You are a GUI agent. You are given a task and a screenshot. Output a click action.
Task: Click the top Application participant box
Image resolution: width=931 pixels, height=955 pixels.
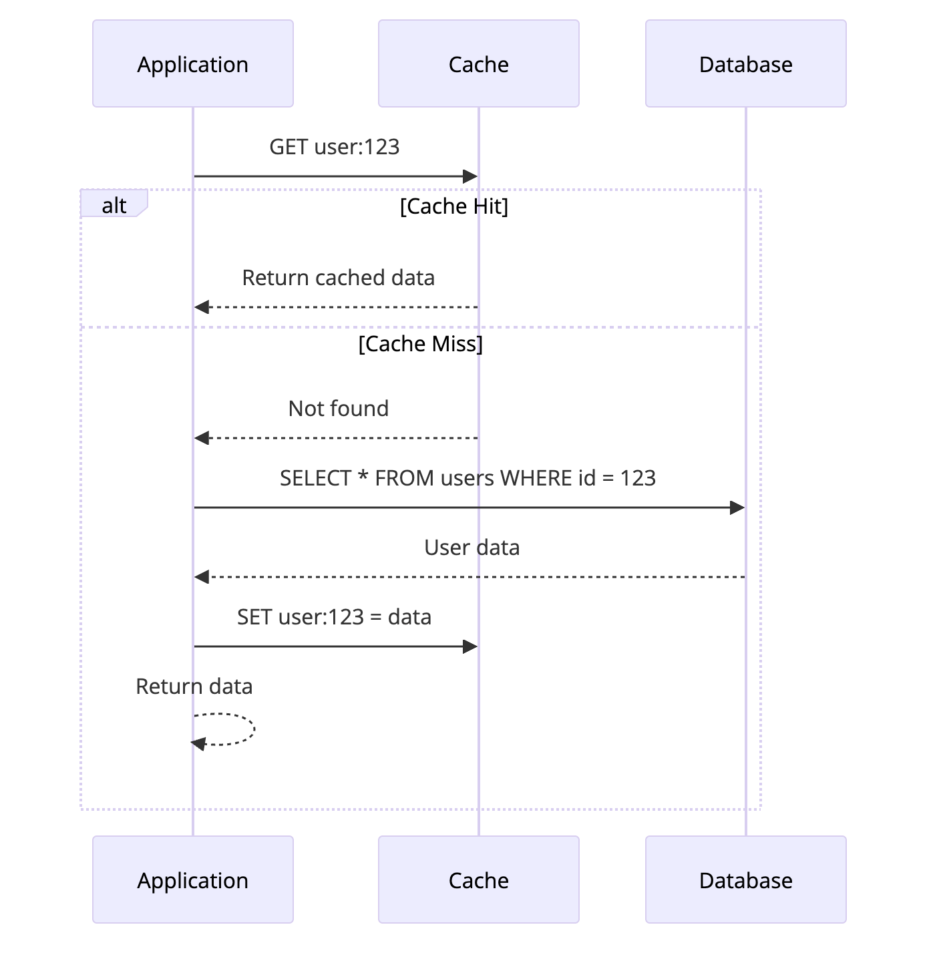pyautogui.click(x=192, y=63)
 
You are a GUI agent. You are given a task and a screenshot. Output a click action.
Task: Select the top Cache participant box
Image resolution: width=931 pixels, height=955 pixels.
pyautogui.click(x=478, y=63)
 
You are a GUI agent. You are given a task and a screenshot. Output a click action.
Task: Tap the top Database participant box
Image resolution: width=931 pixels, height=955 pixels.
pyautogui.click(x=745, y=63)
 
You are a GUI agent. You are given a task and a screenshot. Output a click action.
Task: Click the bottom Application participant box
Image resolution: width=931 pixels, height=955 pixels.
pyautogui.click(x=192, y=880)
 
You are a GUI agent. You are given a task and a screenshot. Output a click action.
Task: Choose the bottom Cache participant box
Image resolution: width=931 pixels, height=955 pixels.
pyautogui.click(x=478, y=880)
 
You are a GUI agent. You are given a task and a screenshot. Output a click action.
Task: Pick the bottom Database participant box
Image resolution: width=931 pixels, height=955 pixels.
pyautogui.click(x=745, y=880)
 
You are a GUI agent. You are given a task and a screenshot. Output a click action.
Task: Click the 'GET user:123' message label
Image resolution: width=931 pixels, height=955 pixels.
pyautogui.click(x=334, y=147)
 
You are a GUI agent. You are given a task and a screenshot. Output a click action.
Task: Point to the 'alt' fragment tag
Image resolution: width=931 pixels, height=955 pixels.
pyautogui.click(x=114, y=205)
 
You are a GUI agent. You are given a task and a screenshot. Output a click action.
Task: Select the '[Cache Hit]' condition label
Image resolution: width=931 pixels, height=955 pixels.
pyautogui.click(x=453, y=206)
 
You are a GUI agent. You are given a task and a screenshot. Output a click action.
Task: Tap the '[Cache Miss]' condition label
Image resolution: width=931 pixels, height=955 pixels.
pyautogui.click(x=420, y=344)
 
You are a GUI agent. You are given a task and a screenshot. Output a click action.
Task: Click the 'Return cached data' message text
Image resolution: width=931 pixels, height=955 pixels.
pyautogui.click(x=338, y=278)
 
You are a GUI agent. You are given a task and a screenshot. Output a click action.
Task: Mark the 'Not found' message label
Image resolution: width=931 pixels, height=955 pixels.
pyautogui.click(x=338, y=409)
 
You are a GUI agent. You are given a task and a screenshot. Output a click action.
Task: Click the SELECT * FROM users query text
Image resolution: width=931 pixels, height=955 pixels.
pyautogui.click(x=468, y=478)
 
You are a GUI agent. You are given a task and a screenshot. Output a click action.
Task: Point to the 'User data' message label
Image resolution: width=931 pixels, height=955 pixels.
pyautogui.click(x=472, y=548)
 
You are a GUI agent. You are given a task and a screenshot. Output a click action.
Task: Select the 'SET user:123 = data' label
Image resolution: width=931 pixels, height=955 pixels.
pyautogui.click(x=334, y=617)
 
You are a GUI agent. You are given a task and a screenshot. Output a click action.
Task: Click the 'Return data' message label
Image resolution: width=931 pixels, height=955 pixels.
pyautogui.click(x=194, y=687)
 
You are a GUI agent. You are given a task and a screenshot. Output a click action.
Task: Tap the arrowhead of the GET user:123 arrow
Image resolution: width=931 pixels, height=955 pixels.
pyautogui.click(x=470, y=176)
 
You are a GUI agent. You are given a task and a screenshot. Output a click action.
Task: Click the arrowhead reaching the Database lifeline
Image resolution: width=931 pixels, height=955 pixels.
pyautogui.click(x=737, y=508)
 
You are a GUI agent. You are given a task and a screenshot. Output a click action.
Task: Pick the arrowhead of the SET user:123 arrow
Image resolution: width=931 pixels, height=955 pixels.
pyautogui.click(x=470, y=646)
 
